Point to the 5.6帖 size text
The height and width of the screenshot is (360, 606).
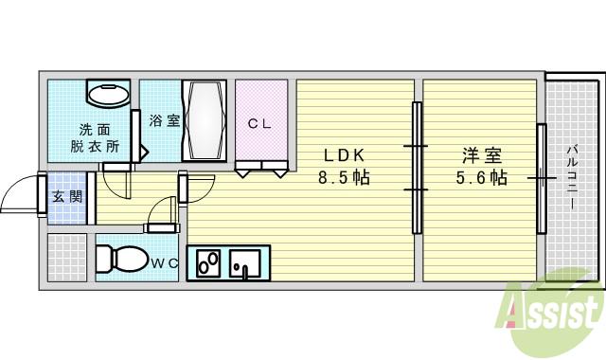click(x=481, y=177)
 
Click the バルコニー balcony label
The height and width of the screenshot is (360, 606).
click(x=574, y=176)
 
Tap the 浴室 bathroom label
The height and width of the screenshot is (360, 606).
click(x=164, y=120)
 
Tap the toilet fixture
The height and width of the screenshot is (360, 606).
click(x=117, y=257)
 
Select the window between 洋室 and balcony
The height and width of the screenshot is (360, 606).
click(x=541, y=177)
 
